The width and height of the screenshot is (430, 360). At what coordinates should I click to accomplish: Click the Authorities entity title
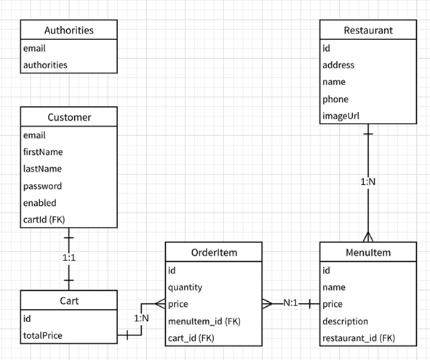68,31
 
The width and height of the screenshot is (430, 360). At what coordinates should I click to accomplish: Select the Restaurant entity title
368,31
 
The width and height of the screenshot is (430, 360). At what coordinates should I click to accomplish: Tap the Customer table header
68,117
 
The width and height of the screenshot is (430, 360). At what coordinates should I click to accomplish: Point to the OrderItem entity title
213,252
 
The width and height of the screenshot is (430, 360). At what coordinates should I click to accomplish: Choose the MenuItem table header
368,252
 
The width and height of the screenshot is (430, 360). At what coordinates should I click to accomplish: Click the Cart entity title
68,300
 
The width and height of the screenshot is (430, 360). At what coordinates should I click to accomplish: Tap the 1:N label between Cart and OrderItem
142,318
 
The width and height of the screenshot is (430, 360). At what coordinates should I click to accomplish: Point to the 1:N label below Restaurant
368,181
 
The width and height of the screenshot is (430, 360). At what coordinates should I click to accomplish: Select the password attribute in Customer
42,185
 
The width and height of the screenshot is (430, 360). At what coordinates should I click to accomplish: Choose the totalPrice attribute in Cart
43,335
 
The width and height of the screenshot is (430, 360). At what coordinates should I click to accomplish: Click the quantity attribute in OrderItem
186,287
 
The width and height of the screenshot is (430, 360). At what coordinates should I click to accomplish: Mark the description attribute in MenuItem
346,321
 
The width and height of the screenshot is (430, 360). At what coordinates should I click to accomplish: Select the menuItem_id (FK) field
204,321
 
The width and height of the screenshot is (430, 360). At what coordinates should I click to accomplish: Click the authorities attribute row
46,65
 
